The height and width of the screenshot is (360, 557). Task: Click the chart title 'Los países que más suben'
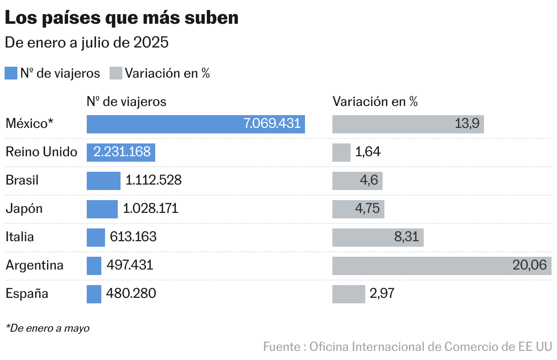pos(121,18)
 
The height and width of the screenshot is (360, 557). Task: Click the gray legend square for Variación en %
pos(116,73)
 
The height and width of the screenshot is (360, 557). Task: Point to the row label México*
pos(30,124)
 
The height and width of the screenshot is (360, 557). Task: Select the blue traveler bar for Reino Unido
pos(121,152)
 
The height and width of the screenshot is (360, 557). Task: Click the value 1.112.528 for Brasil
pos(153,180)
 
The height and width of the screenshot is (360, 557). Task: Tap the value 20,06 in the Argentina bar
pos(529,265)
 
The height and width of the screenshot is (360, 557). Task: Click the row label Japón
pos(24,209)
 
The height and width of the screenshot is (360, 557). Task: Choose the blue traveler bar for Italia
pos(95,237)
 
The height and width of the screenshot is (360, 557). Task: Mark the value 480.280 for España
pos(131,294)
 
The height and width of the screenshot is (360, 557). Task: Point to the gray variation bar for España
pos(348,294)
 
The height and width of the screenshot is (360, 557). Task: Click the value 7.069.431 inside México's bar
pos(272,124)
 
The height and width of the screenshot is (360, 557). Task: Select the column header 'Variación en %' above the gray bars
pos(375,101)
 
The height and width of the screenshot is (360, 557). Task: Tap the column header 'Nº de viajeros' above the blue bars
pos(126,101)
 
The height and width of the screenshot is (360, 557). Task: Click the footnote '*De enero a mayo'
pos(47,328)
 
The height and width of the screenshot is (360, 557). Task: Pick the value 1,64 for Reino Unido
pos(368,152)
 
